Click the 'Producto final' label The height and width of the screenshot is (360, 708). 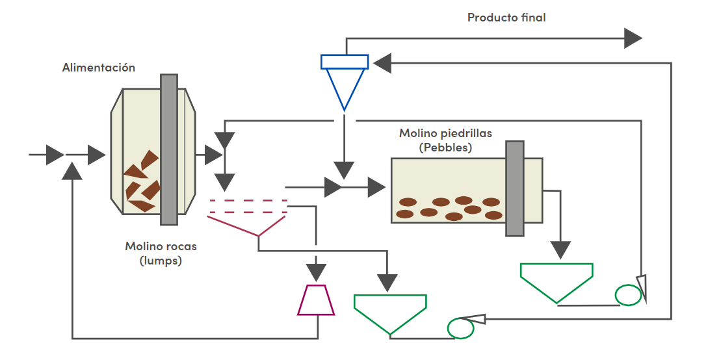pos(506,18)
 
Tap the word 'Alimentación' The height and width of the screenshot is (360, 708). pos(98,68)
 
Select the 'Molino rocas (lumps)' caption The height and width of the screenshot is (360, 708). pos(161,253)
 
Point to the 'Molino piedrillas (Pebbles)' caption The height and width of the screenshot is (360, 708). pos(445,140)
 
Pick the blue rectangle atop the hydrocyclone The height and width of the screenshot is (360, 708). pos(345,62)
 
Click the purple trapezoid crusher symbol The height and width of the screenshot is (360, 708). pos(316,300)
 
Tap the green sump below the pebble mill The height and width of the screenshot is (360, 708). pos(557,283)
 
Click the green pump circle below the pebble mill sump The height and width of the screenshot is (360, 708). pos(628,295)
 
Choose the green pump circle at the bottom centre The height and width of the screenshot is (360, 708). pos(460,328)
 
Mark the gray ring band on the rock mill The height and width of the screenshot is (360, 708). pos(169,149)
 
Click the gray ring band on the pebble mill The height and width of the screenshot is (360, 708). pos(515,188)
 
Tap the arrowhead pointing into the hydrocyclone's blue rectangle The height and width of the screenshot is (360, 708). pos(382,63)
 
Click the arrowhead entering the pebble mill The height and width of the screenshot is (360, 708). pos(376,187)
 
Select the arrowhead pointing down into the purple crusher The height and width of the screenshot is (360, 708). pos(316,272)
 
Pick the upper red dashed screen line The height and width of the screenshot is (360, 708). pos(248,200)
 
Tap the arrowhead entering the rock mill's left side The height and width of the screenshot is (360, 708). pos(97,155)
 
